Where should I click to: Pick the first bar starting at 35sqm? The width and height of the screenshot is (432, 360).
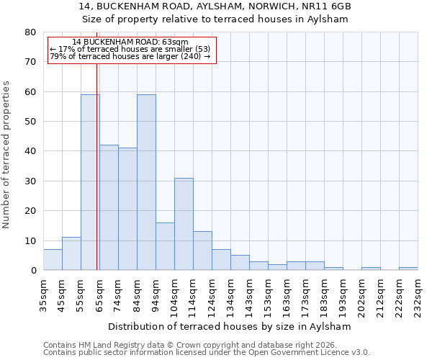[53, 259]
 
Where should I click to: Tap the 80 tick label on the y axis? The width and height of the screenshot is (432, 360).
[30, 32]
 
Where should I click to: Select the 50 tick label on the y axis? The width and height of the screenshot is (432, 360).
[30, 122]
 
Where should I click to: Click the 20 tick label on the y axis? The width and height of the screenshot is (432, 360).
[30, 211]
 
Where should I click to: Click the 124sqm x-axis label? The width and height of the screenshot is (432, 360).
[212, 294]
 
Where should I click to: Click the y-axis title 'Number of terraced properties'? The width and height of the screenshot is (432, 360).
[6, 155]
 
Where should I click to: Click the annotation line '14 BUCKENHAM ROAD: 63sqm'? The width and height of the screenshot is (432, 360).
[130, 42]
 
